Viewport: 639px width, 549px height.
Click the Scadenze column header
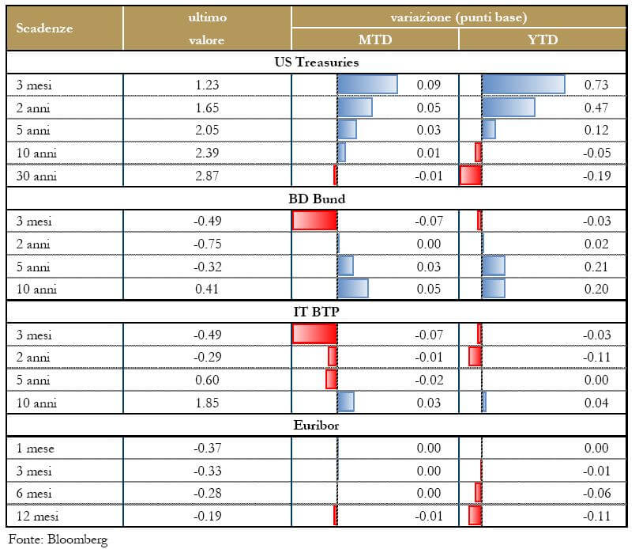(x=44, y=28)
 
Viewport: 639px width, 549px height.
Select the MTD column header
(x=374, y=40)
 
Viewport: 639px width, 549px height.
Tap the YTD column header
(x=542, y=40)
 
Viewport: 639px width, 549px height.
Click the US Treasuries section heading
(x=318, y=62)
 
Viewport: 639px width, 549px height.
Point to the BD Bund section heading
(x=318, y=199)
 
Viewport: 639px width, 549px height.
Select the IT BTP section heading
(x=318, y=312)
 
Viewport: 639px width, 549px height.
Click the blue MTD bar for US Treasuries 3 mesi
(x=367, y=84)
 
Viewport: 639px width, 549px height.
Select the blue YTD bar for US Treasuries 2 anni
(x=508, y=107)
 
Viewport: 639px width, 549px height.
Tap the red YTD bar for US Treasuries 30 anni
(x=471, y=176)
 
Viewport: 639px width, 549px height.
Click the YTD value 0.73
(x=596, y=85)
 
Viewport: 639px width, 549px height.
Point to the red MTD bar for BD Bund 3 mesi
(x=314, y=221)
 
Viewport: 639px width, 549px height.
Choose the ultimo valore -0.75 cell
(x=206, y=244)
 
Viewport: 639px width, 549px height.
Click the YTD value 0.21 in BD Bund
(x=596, y=267)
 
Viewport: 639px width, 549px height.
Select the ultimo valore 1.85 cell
(x=206, y=403)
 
